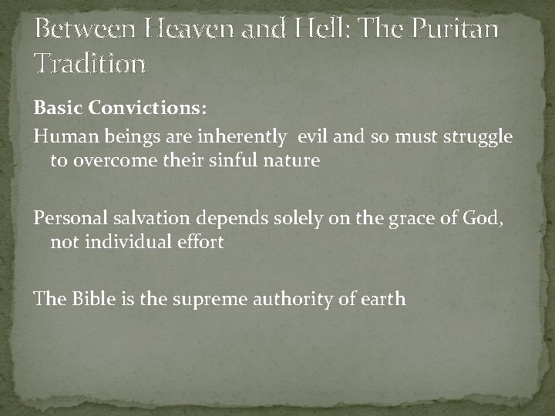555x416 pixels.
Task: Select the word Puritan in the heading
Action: coord(455,30)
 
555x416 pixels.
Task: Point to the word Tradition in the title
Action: coord(89,63)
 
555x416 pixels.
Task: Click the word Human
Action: coord(59,136)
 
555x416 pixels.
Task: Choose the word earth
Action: coord(383,298)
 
